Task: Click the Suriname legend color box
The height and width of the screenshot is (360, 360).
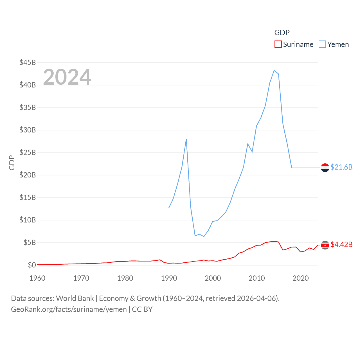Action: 278,44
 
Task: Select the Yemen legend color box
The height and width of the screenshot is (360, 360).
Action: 322,44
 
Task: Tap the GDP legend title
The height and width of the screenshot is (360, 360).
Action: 282,33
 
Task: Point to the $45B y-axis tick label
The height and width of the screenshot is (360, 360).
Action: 28,62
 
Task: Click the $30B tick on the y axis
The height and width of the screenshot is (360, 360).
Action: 28,130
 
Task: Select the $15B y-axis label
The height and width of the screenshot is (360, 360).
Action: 28,197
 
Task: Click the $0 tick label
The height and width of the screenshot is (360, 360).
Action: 32,265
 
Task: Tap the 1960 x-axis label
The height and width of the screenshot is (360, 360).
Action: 37,278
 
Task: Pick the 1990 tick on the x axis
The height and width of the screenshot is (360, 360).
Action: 169,278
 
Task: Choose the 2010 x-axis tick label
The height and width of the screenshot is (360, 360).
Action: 256,278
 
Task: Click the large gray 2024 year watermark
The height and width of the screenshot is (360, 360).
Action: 67,77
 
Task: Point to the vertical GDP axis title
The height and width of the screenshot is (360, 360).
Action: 12,163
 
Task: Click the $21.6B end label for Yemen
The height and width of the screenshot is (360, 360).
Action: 341,167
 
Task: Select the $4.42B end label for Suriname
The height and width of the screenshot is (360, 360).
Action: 341,244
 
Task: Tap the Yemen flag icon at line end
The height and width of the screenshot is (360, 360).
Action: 325,168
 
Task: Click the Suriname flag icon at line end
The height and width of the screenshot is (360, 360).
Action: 325,245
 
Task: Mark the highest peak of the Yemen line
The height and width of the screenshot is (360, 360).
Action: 274,70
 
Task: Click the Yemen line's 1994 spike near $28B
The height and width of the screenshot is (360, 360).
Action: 186,139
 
